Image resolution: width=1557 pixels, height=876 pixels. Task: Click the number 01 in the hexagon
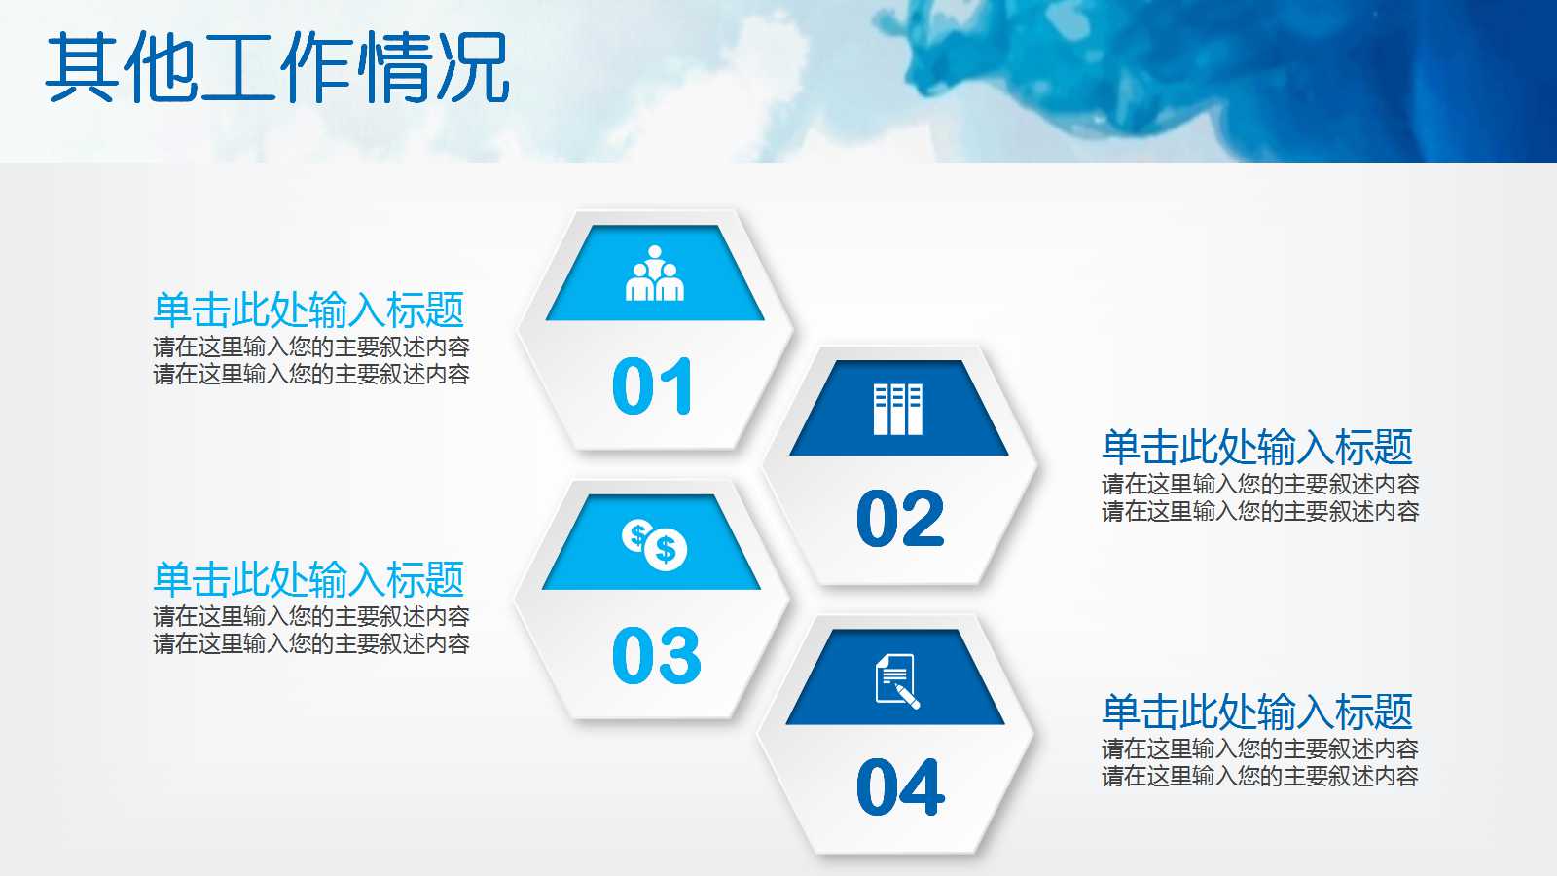click(652, 385)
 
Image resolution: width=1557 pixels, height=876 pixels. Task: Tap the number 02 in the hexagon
click(900, 517)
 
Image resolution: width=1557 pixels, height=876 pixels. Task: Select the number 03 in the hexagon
click(656, 655)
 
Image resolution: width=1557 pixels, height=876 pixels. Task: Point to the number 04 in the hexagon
click(901, 786)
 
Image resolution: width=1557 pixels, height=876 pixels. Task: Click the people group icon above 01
click(655, 274)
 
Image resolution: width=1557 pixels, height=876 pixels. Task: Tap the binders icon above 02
click(898, 410)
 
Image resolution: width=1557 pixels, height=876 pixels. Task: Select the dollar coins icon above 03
click(654, 545)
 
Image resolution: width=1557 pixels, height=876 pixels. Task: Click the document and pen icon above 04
click(896, 681)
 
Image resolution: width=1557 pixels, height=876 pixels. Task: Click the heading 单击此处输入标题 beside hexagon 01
click(308, 310)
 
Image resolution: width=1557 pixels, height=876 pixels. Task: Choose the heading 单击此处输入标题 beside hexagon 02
click(1257, 447)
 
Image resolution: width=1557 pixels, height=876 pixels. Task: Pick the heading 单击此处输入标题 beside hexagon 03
click(308, 580)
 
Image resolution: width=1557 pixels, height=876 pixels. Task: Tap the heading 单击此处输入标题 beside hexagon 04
click(1257, 712)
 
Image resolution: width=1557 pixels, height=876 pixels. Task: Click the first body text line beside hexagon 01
click(311, 347)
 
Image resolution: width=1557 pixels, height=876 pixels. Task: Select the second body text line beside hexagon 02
click(1260, 512)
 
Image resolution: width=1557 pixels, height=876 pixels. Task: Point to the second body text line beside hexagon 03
click(311, 643)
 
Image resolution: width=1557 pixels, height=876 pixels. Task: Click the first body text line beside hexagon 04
click(1260, 748)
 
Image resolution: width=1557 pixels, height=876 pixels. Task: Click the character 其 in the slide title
click(82, 67)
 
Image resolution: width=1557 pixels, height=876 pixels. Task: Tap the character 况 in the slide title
click(474, 67)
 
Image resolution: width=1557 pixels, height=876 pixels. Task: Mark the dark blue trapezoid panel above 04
click(895, 677)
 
